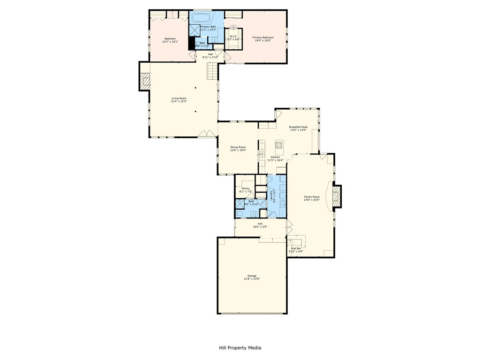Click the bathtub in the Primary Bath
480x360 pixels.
tap(201, 18)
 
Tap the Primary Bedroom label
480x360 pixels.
tap(263, 37)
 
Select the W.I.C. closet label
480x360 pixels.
tap(233, 37)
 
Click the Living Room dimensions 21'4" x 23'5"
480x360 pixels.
tap(179, 101)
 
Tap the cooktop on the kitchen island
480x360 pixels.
tap(279, 144)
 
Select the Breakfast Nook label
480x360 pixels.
tap(298, 127)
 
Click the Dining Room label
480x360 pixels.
tap(238, 147)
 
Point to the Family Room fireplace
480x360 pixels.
tap(336, 195)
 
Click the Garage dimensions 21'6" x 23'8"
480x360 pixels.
tap(252, 279)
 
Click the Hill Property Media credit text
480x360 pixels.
tap(240, 348)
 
